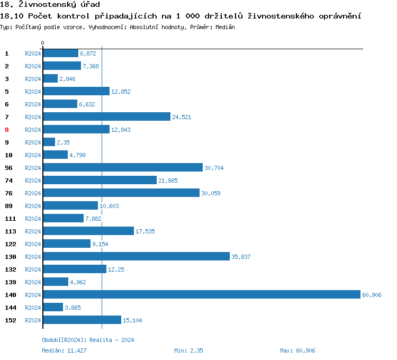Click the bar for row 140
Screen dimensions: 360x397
pos(201,295)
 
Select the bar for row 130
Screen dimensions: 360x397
pos(136,257)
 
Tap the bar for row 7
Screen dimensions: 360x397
pos(106,117)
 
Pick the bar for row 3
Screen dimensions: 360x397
pos(50,79)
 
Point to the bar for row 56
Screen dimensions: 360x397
pos(123,168)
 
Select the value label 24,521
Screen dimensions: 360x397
pos(182,117)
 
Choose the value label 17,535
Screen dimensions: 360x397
pos(145,231)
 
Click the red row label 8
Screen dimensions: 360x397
pos(7,130)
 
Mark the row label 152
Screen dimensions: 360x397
pos(10,320)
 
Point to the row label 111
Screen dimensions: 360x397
pos(10,219)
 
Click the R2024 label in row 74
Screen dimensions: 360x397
pos(33,181)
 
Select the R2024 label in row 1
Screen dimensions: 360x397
pos(33,53)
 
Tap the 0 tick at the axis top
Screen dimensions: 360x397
pos(43,43)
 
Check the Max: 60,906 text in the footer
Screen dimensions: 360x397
pos(297,350)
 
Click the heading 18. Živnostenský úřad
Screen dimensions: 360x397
pos(50,5)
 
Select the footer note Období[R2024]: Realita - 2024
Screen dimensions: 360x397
pos(88,340)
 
